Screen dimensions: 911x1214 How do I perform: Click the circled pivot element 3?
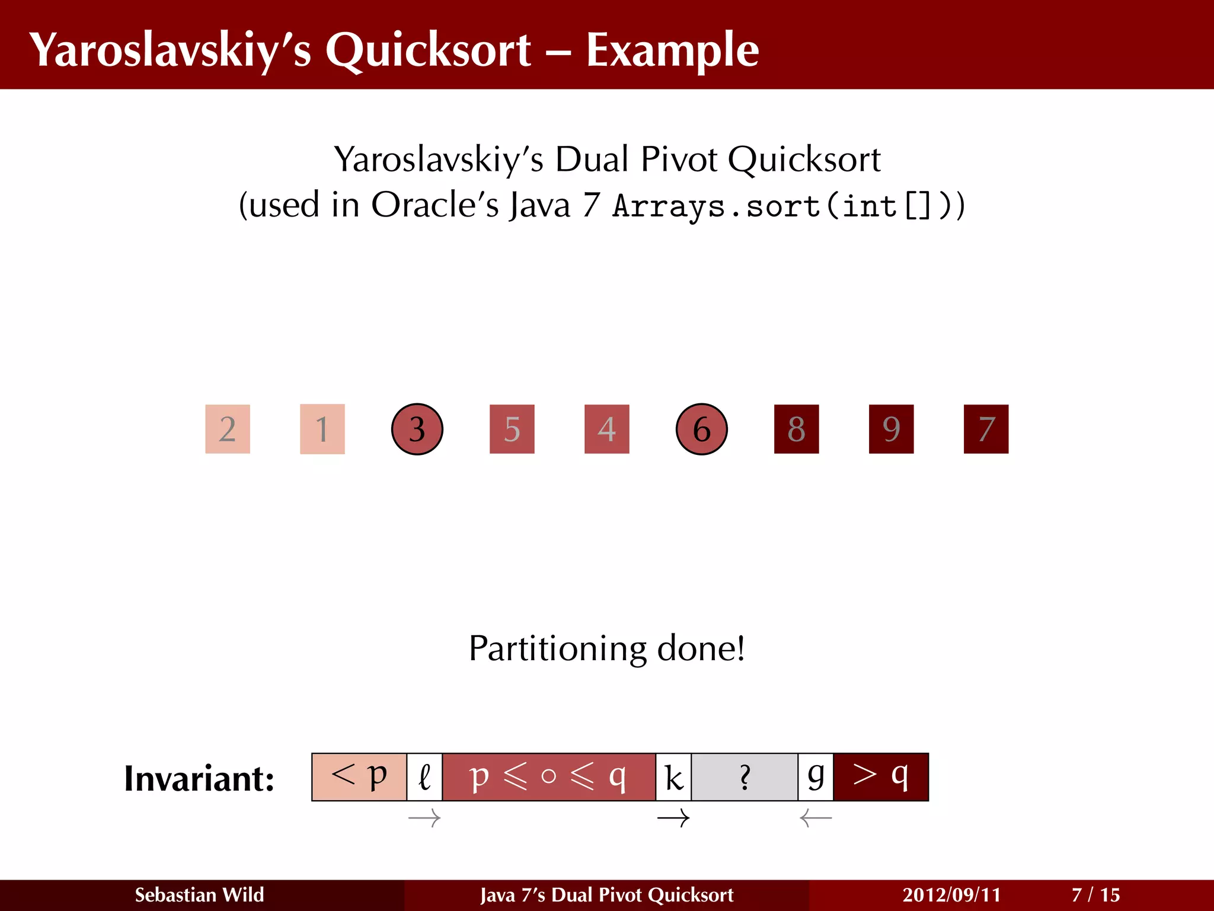[417, 429]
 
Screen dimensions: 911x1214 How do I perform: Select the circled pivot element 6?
[701, 429]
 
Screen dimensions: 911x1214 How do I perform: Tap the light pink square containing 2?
[228, 429]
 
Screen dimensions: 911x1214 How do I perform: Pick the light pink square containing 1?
[322, 429]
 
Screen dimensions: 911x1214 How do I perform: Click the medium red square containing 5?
[512, 429]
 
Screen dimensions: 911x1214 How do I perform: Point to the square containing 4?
[606, 429]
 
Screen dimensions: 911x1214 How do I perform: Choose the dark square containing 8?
[796, 429]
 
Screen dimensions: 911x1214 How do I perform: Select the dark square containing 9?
[891, 429]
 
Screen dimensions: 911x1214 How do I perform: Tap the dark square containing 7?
[986, 429]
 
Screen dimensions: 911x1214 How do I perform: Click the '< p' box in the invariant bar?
[359, 777]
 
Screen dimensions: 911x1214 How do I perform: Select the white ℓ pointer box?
[424, 777]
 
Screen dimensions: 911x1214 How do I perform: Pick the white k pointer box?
[673, 777]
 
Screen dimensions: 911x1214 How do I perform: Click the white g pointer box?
[816, 777]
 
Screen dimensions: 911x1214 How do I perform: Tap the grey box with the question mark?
[745, 777]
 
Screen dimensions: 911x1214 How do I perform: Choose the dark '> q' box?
[881, 777]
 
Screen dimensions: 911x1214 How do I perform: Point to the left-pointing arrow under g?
[816, 818]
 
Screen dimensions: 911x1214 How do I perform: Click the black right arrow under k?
[673, 818]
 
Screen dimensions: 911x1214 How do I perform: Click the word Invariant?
[199, 778]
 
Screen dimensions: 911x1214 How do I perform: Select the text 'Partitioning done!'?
[606, 648]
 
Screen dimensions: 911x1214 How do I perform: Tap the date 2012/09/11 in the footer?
[951, 894]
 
